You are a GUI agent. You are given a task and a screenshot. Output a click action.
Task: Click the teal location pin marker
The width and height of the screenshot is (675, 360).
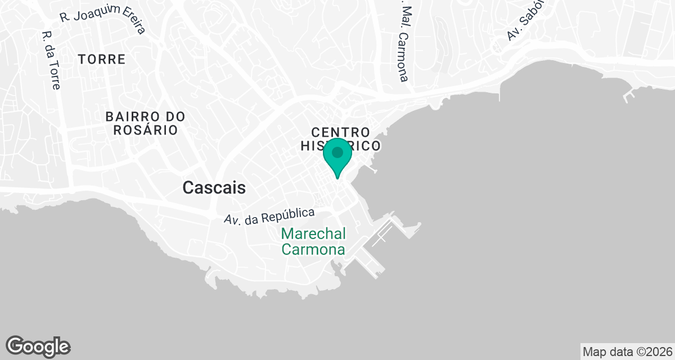click(x=337, y=157)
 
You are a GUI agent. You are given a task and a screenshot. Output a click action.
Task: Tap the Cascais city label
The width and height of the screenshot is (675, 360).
click(x=214, y=188)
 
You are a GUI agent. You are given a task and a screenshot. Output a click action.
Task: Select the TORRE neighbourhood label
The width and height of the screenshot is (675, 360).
click(x=102, y=59)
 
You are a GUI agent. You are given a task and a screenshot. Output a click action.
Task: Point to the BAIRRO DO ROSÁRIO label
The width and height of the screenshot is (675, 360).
click(x=146, y=123)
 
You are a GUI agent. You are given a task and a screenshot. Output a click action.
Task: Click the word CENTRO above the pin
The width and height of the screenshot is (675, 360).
click(x=341, y=132)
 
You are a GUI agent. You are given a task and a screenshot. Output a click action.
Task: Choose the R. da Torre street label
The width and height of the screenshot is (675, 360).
click(x=51, y=60)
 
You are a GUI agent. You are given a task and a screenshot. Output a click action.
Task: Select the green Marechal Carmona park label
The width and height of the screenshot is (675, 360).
click(x=313, y=241)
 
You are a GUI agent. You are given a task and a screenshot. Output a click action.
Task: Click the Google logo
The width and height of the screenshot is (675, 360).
click(x=38, y=346)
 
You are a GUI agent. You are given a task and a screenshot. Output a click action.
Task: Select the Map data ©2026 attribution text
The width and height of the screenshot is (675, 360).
click(x=627, y=352)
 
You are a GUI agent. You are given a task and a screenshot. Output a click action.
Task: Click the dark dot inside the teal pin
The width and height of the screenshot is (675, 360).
click(x=337, y=152)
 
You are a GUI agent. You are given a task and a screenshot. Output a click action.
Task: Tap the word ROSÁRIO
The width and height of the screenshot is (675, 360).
click(x=146, y=130)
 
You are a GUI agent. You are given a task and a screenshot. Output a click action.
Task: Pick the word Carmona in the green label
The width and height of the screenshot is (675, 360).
click(x=313, y=249)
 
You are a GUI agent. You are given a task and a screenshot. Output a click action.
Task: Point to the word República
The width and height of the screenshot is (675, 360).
click(x=290, y=214)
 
